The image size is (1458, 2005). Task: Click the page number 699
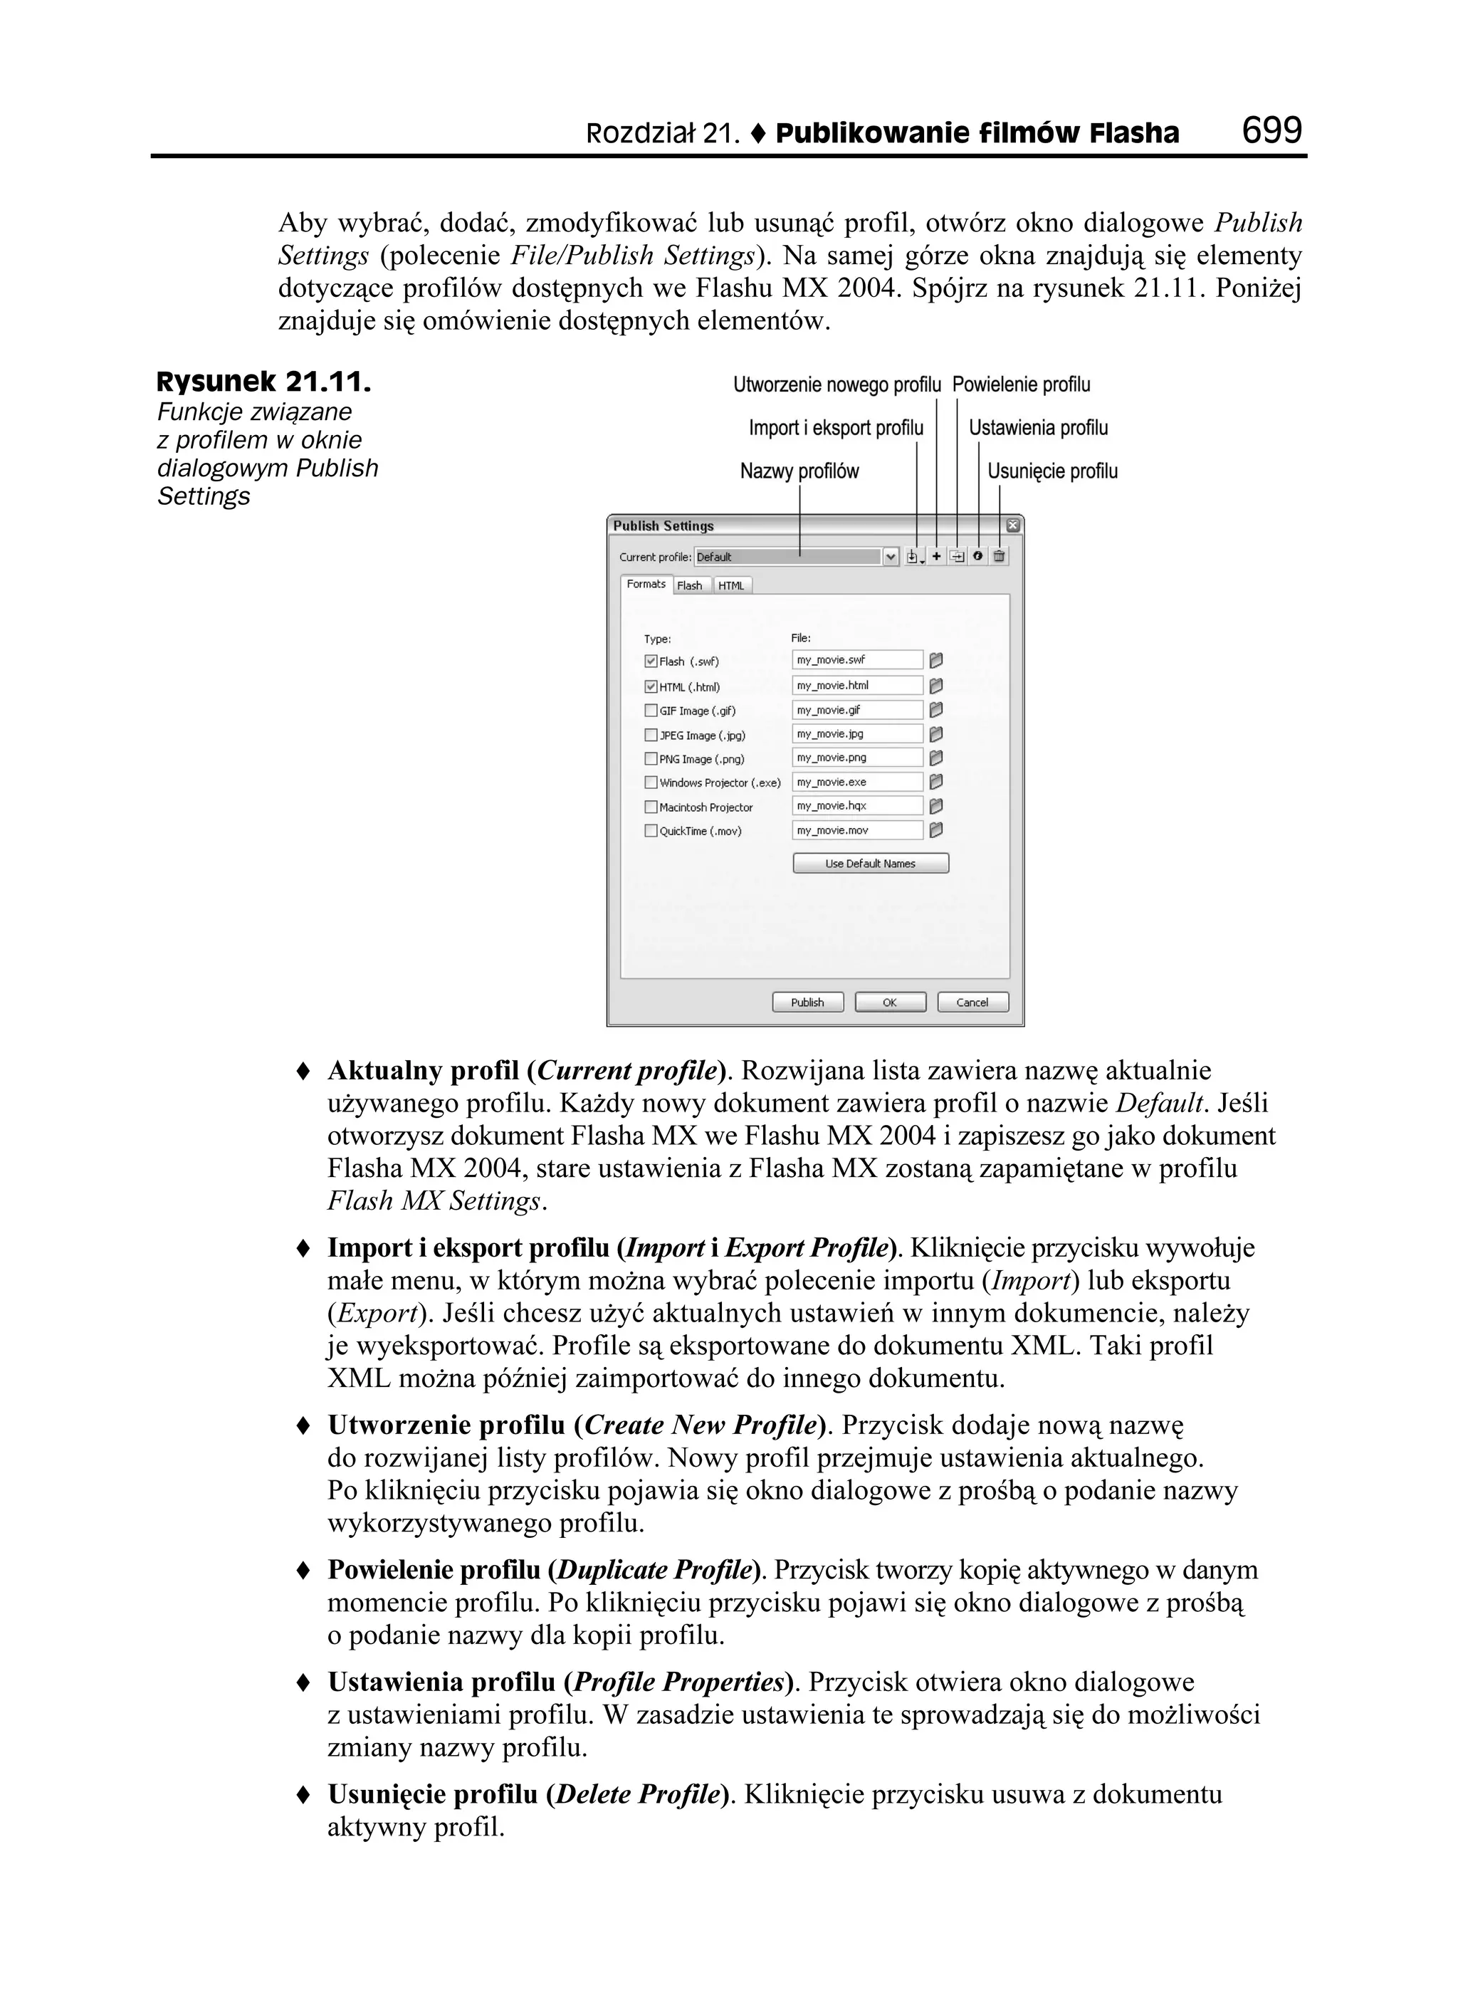[x=1271, y=131]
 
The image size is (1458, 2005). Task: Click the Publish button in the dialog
[x=807, y=1002]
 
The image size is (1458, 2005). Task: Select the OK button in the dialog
[x=889, y=1002]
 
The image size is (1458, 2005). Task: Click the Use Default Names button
[x=870, y=864]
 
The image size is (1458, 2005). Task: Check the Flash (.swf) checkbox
[x=651, y=661]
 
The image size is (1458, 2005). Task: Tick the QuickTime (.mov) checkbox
[x=651, y=831]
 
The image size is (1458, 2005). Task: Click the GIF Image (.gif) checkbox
[x=651, y=710]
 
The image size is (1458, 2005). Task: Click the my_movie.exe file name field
[x=856, y=782]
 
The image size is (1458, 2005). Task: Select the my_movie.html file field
[x=856, y=685]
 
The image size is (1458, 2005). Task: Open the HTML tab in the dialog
[x=731, y=585]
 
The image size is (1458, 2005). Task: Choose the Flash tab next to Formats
[x=690, y=585]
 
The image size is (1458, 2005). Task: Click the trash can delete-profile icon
[x=999, y=556]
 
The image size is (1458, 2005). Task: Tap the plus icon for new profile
[x=936, y=556]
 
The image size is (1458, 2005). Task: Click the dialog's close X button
[x=1013, y=525]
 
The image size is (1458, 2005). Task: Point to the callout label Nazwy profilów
[x=799, y=471]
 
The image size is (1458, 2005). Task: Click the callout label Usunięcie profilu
[x=1052, y=471]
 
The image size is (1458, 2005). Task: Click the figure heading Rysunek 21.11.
[x=263, y=383]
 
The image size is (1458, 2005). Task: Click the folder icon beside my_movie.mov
[x=936, y=830]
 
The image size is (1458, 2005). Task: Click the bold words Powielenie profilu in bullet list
[x=434, y=1570]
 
